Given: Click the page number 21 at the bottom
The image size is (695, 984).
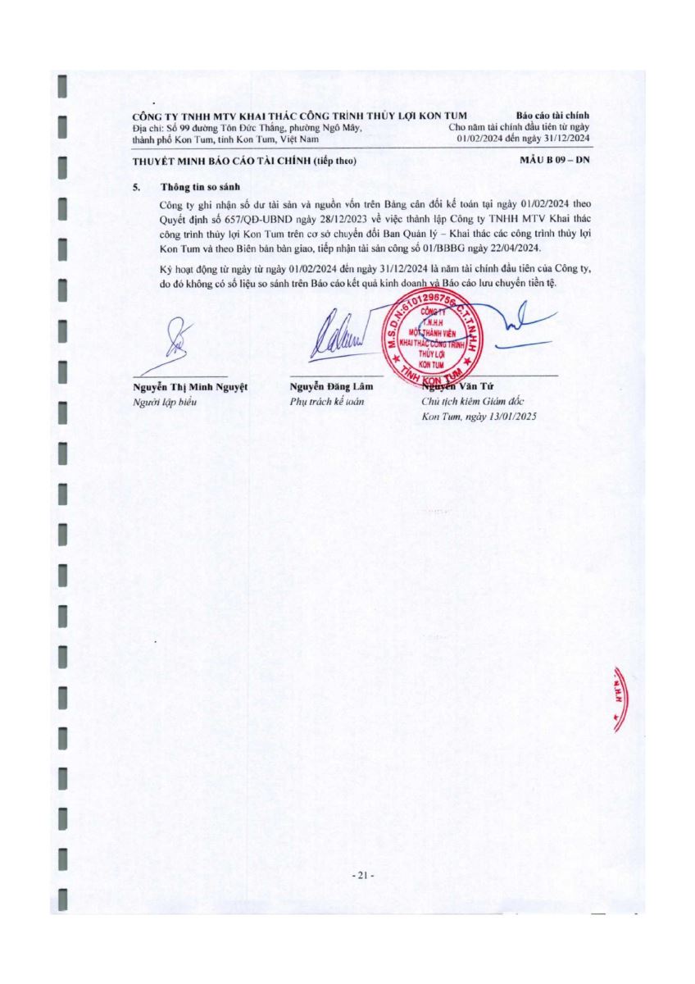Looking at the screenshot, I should coord(361,877).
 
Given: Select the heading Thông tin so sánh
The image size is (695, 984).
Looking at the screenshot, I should coord(194,187).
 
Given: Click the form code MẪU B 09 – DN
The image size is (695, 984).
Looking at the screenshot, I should coord(555,160).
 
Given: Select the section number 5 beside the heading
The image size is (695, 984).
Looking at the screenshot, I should coord(136,187).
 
